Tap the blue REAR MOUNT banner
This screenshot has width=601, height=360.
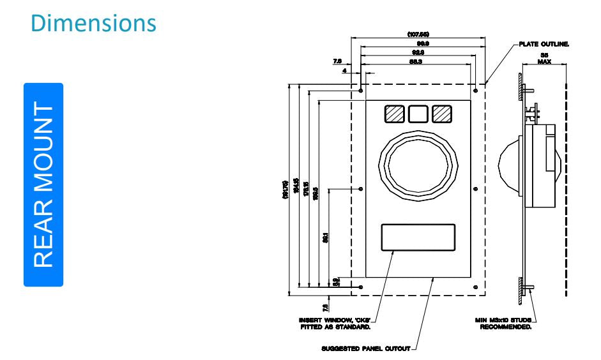(x=43, y=184)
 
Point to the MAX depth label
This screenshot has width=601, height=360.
(x=544, y=63)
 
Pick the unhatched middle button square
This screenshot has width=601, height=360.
(x=418, y=114)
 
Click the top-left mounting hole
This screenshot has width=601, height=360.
(x=361, y=91)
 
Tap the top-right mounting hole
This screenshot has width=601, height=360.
(x=475, y=91)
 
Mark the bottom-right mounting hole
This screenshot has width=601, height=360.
(x=475, y=288)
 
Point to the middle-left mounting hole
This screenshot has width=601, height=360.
(x=361, y=190)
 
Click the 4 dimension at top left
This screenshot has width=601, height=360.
(x=344, y=71)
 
